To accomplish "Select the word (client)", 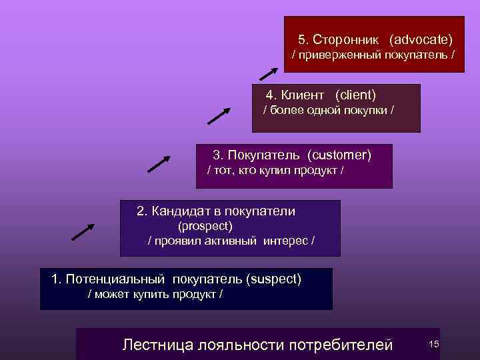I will click(356, 95).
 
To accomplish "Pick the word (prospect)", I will click(202, 226).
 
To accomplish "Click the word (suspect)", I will click(273, 278).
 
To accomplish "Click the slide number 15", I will click(433, 343).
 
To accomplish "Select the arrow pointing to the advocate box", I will click(268, 73).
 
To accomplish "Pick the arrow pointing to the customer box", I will click(159, 163).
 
